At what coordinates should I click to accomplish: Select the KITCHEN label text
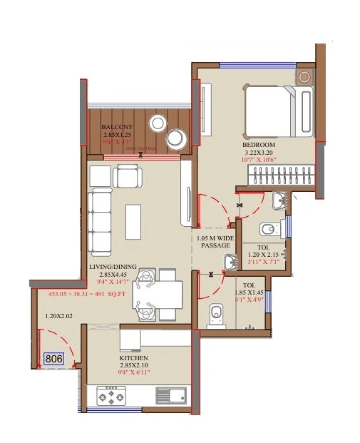[x=133, y=357]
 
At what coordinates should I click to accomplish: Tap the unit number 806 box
[x=53, y=360]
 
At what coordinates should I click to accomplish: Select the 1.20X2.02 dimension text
[x=59, y=315]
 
